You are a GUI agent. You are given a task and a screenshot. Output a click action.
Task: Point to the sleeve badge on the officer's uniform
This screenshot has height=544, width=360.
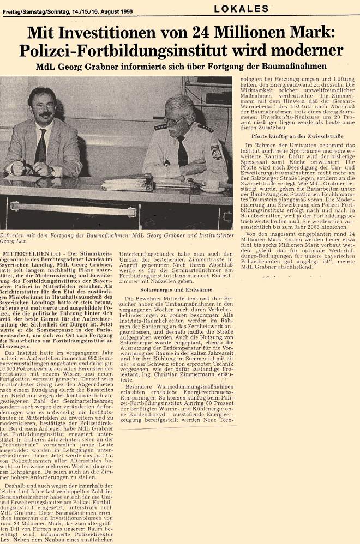217,153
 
